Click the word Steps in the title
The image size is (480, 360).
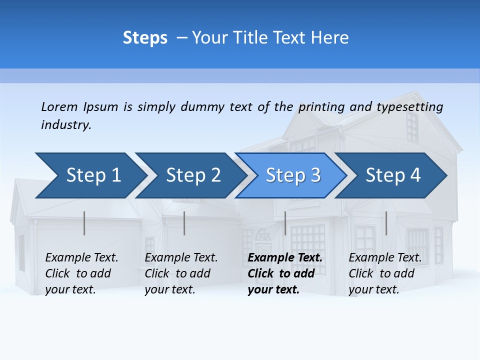click(x=145, y=38)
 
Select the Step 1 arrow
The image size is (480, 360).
click(x=90, y=175)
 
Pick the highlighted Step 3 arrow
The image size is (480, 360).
click(x=292, y=175)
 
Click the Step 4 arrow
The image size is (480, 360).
click(x=392, y=175)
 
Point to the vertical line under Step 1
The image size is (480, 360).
click(x=84, y=223)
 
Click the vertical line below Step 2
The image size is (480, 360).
click(x=184, y=223)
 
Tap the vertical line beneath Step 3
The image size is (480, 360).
click(x=285, y=223)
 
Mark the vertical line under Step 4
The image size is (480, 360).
click(x=386, y=223)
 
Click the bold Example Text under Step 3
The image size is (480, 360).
click(x=285, y=258)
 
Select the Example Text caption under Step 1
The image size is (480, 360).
click(x=81, y=258)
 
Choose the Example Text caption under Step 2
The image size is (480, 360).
click(x=181, y=258)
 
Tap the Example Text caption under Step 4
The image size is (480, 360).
click(x=385, y=258)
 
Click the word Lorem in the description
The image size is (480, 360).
click(x=59, y=107)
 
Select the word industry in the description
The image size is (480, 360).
click(x=66, y=125)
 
